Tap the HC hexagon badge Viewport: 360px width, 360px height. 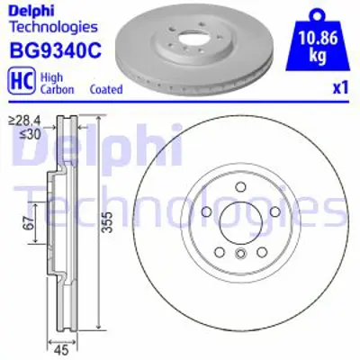(17, 83)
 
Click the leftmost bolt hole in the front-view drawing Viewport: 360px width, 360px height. (206, 213)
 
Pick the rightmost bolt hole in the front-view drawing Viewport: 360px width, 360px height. (274, 213)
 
